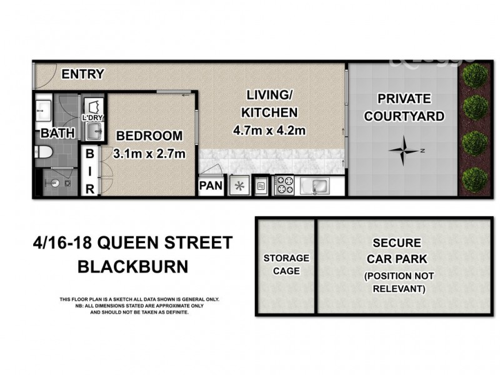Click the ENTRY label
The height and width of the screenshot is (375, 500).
(x=82, y=74)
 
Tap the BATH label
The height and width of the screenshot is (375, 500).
(x=58, y=133)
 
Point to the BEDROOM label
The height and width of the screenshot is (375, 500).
(x=149, y=136)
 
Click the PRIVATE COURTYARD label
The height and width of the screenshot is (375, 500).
(x=404, y=107)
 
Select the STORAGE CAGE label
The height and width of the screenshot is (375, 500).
(x=286, y=264)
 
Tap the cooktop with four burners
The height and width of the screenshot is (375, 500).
(x=286, y=186)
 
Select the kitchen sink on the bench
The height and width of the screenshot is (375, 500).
(x=316, y=186)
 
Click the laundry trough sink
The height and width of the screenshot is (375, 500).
(x=94, y=132)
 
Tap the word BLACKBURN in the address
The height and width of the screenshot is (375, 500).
(x=132, y=267)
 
